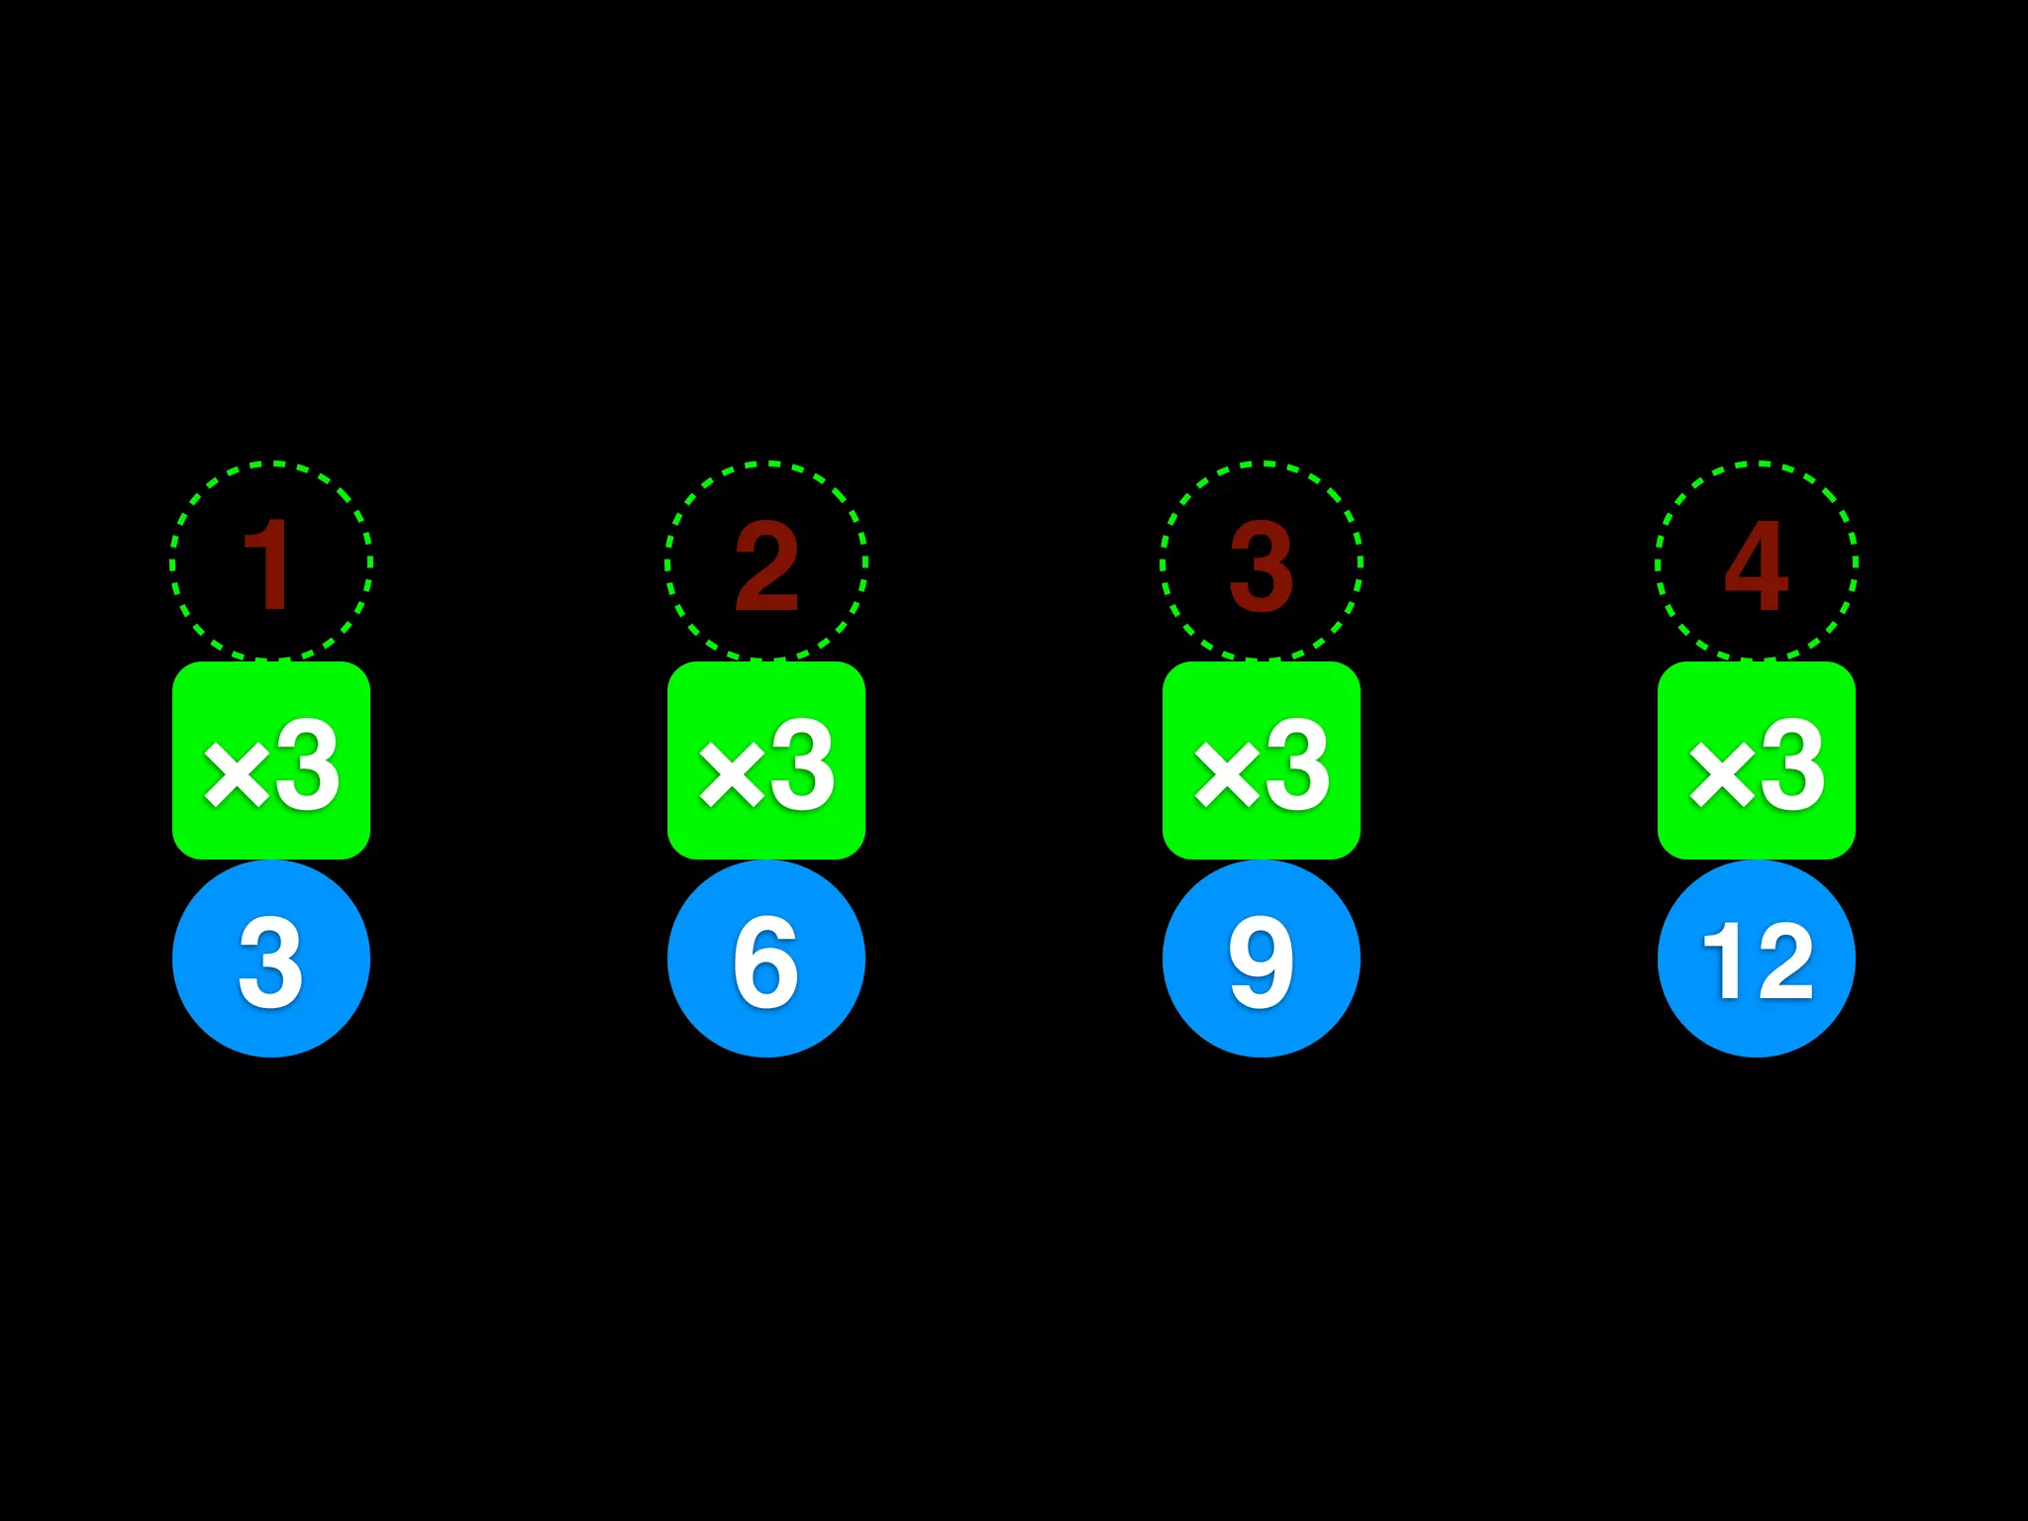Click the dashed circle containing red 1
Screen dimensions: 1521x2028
[x=270, y=561]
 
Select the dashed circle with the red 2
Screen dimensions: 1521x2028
[x=765, y=561]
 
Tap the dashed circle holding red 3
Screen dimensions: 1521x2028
[x=1261, y=561]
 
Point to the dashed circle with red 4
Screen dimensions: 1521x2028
[x=1756, y=561]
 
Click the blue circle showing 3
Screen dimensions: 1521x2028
[x=270, y=959]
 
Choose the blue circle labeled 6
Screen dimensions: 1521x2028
[x=765, y=959]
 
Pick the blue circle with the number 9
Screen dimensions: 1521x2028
[x=1261, y=959]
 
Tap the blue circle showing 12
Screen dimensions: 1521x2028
[x=1756, y=959]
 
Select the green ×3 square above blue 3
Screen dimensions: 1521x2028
[x=270, y=760]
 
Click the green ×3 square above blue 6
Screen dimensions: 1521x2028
[x=765, y=760]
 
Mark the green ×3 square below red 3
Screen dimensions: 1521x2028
[x=1261, y=760]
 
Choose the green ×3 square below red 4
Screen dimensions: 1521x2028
[x=1756, y=760]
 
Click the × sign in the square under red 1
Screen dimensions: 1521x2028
[x=237, y=774]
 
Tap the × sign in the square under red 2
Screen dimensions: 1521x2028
[x=732, y=774]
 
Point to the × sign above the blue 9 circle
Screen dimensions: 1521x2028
[x=1227, y=774]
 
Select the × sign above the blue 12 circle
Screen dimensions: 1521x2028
[x=1722, y=774]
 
